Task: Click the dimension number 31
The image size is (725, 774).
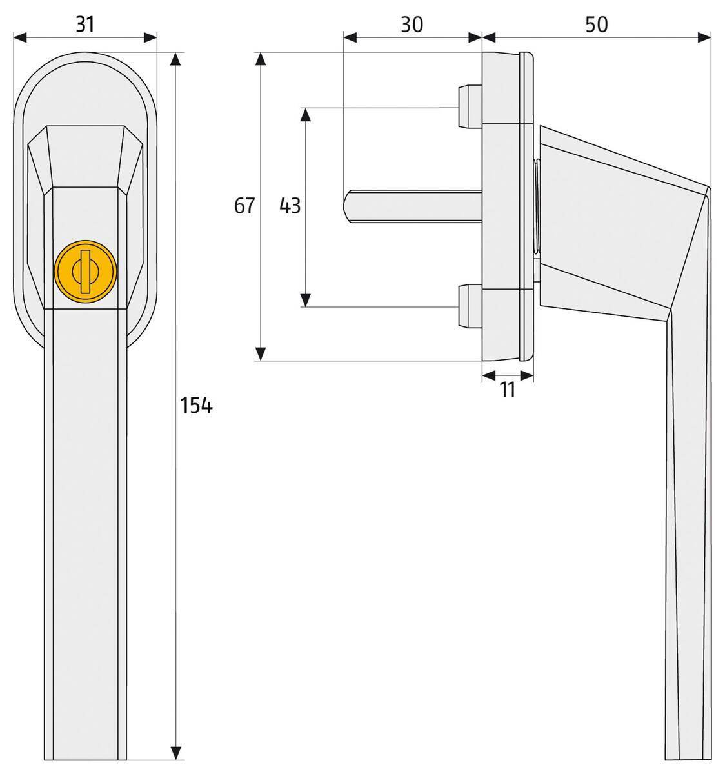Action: (x=84, y=25)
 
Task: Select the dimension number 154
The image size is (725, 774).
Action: (x=196, y=406)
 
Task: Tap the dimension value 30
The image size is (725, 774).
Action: (x=412, y=25)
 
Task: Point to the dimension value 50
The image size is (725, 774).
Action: (x=596, y=25)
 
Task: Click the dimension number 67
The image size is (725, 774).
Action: (x=244, y=206)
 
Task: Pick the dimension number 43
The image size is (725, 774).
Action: (x=290, y=206)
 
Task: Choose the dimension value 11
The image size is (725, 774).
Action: (x=508, y=390)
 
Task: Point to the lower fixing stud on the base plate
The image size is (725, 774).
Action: (x=468, y=306)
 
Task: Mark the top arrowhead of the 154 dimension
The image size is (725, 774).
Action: (x=175, y=59)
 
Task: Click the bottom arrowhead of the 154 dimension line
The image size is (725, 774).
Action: (x=175, y=753)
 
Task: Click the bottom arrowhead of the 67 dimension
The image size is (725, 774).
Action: (x=260, y=353)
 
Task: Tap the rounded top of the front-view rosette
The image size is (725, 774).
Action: (x=86, y=57)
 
